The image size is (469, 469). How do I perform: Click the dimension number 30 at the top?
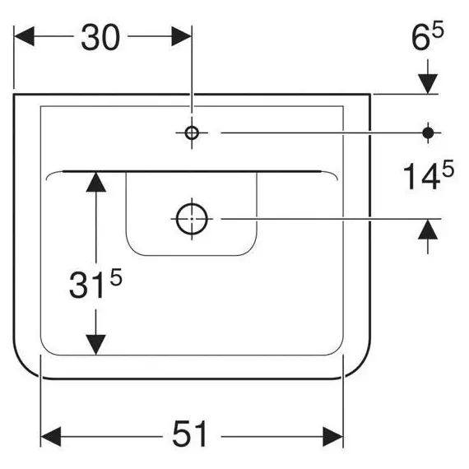[100, 37]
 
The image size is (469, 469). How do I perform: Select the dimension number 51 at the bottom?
[189, 434]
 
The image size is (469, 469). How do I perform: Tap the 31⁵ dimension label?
[95, 283]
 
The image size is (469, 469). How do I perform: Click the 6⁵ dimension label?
[428, 35]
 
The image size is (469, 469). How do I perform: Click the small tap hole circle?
[192, 132]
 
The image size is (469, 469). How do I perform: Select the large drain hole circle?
[192, 219]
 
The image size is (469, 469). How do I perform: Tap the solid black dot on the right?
[428, 132]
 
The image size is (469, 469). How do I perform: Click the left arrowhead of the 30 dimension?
[24, 36]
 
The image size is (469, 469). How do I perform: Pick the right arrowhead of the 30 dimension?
[182, 36]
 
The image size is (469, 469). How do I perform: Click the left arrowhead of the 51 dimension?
[51, 437]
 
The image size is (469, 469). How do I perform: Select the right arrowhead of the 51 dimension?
[333, 437]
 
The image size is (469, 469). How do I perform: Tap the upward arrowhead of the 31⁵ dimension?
[95, 182]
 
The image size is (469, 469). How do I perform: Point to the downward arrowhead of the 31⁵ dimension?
[95, 345]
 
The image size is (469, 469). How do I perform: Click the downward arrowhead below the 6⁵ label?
[428, 84]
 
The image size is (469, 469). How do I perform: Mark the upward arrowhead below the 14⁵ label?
[428, 230]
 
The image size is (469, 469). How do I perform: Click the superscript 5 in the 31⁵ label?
[116, 276]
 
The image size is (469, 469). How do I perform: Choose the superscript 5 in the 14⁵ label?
[448, 169]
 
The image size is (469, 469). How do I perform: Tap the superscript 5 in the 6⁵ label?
[439, 29]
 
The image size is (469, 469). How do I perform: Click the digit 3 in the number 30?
[90, 37]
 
